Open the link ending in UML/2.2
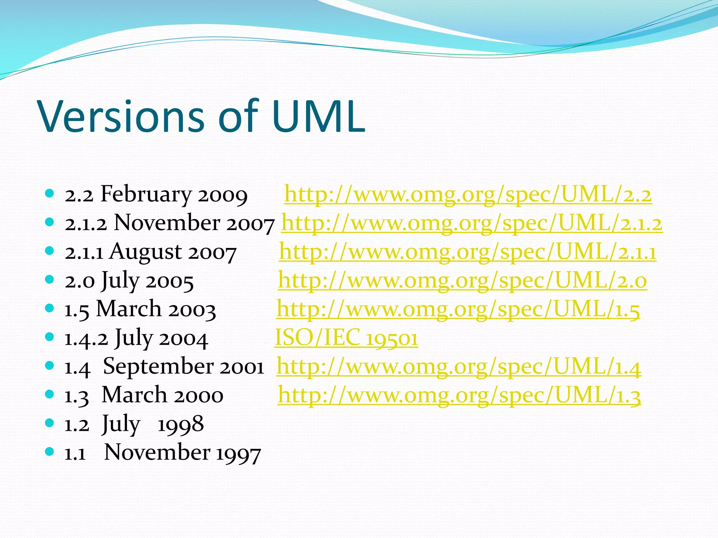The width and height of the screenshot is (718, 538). [x=468, y=194]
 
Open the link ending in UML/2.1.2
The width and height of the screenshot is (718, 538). [x=472, y=223]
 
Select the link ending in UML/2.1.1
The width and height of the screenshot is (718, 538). [x=467, y=252]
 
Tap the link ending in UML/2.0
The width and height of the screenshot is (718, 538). [x=462, y=281]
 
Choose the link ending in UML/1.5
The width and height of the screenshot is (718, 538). [x=458, y=309]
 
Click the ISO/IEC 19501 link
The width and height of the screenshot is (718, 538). [x=346, y=338]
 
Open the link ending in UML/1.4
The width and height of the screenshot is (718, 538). [x=459, y=367]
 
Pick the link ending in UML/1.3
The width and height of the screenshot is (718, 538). [x=459, y=395]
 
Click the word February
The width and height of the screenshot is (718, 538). [x=146, y=194]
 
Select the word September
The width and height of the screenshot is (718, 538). [x=158, y=367]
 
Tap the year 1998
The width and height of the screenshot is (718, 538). [x=181, y=424]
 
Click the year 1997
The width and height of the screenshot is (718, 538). [x=238, y=453]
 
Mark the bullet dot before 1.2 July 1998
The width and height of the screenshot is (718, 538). [x=49, y=423]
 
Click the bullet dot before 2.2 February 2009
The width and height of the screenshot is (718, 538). [x=49, y=193]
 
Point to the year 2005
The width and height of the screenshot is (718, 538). [x=170, y=281]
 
